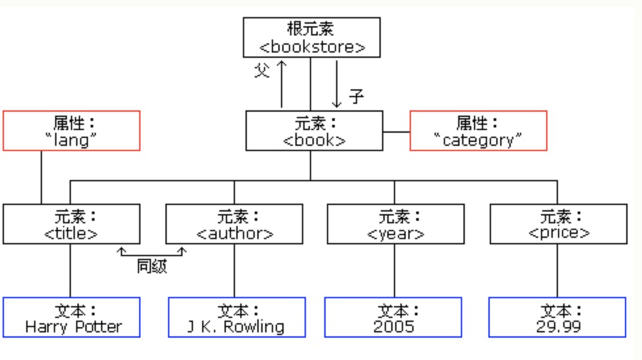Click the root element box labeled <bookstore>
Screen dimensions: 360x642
pyautogui.click(x=311, y=37)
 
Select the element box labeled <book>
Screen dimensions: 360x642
pyautogui.click(x=314, y=131)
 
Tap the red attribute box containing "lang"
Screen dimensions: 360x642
pyautogui.click(x=72, y=131)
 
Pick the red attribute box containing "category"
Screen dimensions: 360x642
pyautogui.click(x=478, y=131)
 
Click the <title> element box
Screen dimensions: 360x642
pyautogui.click(x=72, y=224)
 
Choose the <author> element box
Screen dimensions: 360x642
pyautogui.click(x=234, y=224)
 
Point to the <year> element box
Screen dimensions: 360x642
pyautogui.click(x=395, y=224)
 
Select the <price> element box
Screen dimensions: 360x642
pyautogui.click(x=558, y=224)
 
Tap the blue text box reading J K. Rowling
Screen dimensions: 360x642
pyautogui.click(x=236, y=317)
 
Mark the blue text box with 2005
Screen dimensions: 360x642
pyautogui.click(x=393, y=317)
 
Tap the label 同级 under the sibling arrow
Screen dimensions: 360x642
pyautogui.click(x=152, y=267)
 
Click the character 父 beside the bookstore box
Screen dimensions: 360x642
pyautogui.click(x=262, y=70)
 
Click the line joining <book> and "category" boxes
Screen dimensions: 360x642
pyautogui.click(x=396, y=131)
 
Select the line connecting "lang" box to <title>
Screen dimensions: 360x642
pyautogui.click(x=41, y=177)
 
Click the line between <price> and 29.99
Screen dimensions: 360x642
pyautogui.click(x=557, y=271)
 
